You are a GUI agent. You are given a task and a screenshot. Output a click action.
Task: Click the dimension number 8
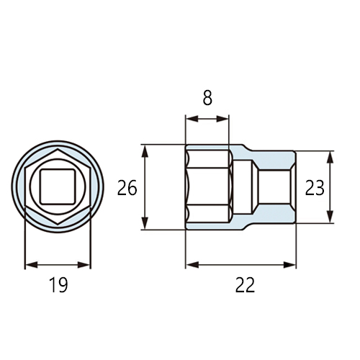(207, 98)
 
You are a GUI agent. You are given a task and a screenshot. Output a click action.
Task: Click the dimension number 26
(127, 188)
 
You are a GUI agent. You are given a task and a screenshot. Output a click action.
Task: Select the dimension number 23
(315, 188)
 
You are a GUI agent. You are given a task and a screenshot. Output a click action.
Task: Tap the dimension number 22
(245, 285)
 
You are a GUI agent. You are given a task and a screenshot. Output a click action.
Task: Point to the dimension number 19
(58, 285)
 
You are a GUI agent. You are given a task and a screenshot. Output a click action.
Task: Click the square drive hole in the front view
(58, 186)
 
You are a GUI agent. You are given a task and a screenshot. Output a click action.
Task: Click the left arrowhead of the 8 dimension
(192, 119)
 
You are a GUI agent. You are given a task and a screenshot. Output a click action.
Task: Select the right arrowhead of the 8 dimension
(222, 119)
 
